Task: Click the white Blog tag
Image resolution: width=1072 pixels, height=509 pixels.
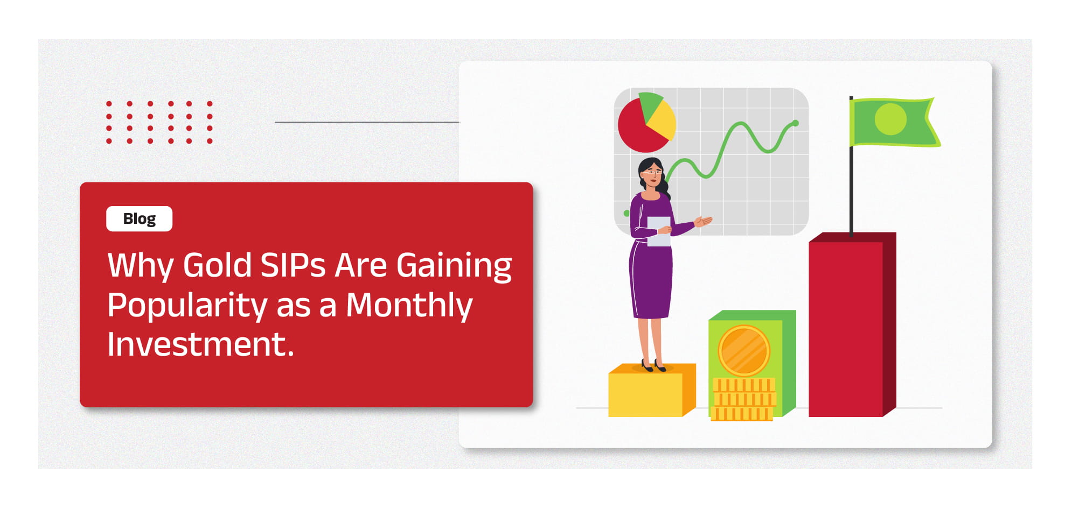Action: (x=140, y=219)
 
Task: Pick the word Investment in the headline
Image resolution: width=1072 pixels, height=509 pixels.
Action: (x=200, y=344)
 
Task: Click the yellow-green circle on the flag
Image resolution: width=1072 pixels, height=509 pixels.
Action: (x=890, y=119)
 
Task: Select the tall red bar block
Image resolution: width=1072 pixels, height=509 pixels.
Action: (x=852, y=325)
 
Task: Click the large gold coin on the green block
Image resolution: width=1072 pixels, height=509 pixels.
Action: (x=744, y=351)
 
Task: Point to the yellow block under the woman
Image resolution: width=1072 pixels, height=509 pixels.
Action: (x=652, y=390)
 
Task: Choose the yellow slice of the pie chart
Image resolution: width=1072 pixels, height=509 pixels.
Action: (x=662, y=121)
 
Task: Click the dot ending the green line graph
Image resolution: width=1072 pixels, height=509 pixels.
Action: (x=796, y=123)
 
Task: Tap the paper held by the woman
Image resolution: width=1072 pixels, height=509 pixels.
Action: (x=658, y=231)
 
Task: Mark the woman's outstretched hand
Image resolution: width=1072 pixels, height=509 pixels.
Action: (x=704, y=221)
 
